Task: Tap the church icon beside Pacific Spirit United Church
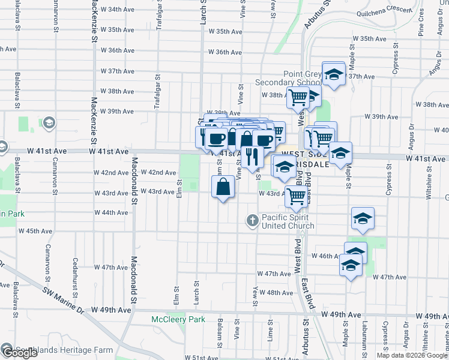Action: [253, 221]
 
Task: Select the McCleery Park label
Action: [178, 320]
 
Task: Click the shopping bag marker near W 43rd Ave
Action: [223, 187]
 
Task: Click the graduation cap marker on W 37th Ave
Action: [333, 75]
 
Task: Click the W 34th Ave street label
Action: [117, 10]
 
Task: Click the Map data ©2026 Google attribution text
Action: [411, 355]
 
